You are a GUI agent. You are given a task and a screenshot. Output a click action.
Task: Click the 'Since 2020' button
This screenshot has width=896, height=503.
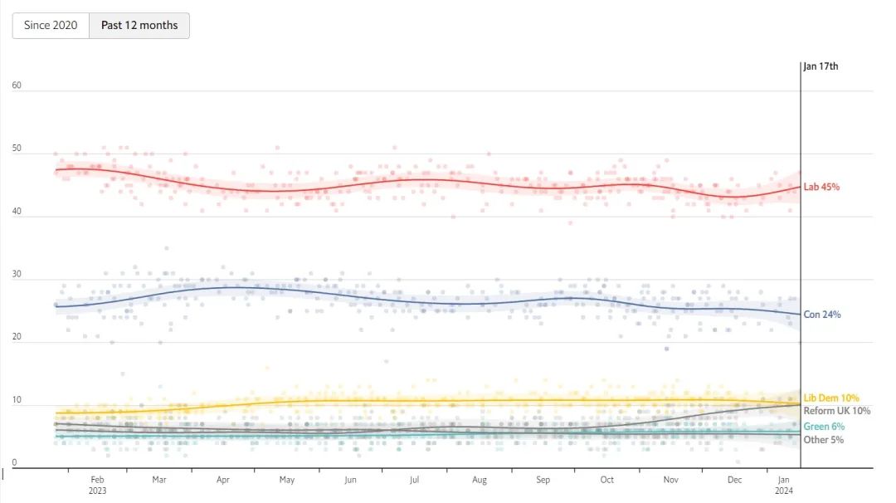pyautogui.click(x=51, y=25)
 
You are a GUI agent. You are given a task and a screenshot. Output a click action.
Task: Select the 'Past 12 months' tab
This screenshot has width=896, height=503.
pyautogui.click(x=139, y=25)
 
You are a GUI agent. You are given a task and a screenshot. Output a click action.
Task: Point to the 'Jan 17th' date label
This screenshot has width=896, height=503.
pyautogui.click(x=821, y=66)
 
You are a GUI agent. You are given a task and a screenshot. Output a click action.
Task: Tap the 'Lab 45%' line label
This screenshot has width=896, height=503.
pyautogui.click(x=821, y=187)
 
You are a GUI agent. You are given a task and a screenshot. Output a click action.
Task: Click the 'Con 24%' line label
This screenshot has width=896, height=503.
pyautogui.click(x=822, y=315)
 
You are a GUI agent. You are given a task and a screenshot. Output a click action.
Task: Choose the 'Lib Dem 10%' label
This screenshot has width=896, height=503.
pyautogui.click(x=831, y=398)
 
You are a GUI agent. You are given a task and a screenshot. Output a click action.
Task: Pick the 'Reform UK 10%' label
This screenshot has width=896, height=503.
pyautogui.click(x=836, y=411)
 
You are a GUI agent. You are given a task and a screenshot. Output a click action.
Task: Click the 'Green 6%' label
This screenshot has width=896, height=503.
pyautogui.click(x=824, y=427)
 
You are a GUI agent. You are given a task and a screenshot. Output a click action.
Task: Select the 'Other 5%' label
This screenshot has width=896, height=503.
pyautogui.click(x=824, y=440)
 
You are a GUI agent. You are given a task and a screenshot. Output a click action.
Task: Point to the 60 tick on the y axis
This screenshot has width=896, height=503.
pyautogui.click(x=17, y=85)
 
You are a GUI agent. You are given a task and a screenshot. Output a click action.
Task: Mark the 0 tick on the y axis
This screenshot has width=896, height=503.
pyautogui.click(x=14, y=461)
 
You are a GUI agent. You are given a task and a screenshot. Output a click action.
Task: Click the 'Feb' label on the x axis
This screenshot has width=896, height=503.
pyautogui.click(x=97, y=480)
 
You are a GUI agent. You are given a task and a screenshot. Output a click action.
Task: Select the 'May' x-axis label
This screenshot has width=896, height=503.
pyautogui.click(x=286, y=480)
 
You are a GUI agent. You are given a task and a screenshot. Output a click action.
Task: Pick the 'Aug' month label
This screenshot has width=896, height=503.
pyautogui.click(x=479, y=480)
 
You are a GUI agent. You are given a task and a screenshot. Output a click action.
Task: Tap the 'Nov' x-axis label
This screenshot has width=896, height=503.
pyautogui.click(x=670, y=480)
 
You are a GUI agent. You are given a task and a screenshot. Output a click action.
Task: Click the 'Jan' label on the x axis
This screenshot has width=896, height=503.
pyautogui.click(x=783, y=480)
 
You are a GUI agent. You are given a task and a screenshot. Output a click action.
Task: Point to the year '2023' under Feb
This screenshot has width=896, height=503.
pyautogui.click(x=97, y=491)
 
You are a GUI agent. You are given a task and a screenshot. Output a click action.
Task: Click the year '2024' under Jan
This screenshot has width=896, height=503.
pyautogui.click(x=783, y=491)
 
